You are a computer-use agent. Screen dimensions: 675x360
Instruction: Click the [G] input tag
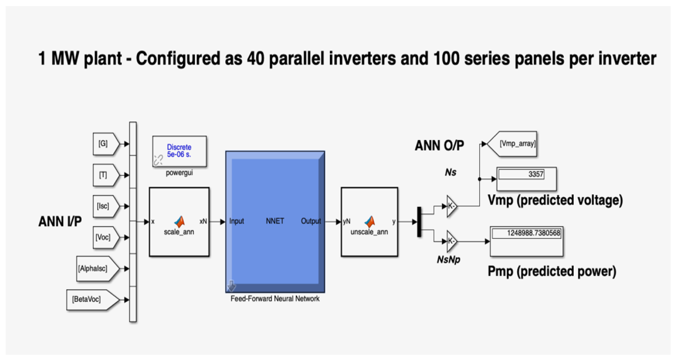click(106, 144)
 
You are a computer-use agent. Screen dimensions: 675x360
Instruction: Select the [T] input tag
click(106, 175)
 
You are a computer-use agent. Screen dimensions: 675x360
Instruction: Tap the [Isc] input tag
click(106, 206)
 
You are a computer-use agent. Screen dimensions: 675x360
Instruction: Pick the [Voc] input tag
click(106, 237)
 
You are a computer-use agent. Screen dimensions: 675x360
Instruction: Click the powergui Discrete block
click(180, 151)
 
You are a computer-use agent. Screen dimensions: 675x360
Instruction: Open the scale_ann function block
click(179, 222)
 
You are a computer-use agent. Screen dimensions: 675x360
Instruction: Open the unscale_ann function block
click(370, 222)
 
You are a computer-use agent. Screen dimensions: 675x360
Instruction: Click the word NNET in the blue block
click(275, 221)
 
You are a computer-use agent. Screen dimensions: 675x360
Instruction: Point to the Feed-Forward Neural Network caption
click(275, 299)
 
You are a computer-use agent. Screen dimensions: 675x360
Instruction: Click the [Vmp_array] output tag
click(512, 144)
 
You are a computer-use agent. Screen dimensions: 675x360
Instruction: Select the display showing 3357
click(527, 179)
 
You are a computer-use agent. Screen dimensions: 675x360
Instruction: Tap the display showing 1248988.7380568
click(527, 241)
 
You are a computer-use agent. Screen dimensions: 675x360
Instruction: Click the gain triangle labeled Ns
click(452, 206)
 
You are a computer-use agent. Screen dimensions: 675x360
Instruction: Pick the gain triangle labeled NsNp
click(452, 241)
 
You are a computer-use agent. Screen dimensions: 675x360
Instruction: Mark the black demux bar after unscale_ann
click(419, 222)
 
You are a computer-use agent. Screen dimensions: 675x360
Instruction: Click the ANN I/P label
click(60, 222)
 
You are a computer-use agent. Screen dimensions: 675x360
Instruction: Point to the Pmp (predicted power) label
click(552, 271)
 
